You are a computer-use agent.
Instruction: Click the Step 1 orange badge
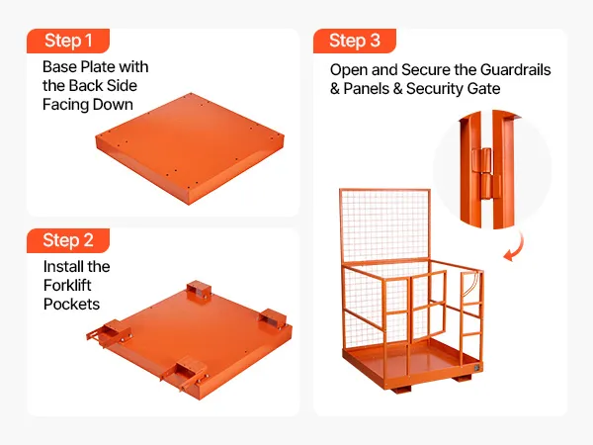tap(68, 41)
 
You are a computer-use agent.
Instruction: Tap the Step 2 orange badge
tap(68, 240)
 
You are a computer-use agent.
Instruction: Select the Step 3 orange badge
tap(355, 41)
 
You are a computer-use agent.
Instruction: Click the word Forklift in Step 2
tap(67, 286)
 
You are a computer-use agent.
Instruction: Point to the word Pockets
tap(71, 305)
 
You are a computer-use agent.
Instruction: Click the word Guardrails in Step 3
tap(515, 70)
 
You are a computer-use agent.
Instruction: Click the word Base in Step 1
tap(59, 67)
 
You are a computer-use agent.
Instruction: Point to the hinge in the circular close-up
tap(485, 173)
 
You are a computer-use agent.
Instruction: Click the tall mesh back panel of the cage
tap(385, 226)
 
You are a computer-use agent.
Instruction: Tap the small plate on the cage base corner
tap(477, 368)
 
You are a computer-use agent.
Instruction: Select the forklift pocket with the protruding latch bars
tap(110, 332)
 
